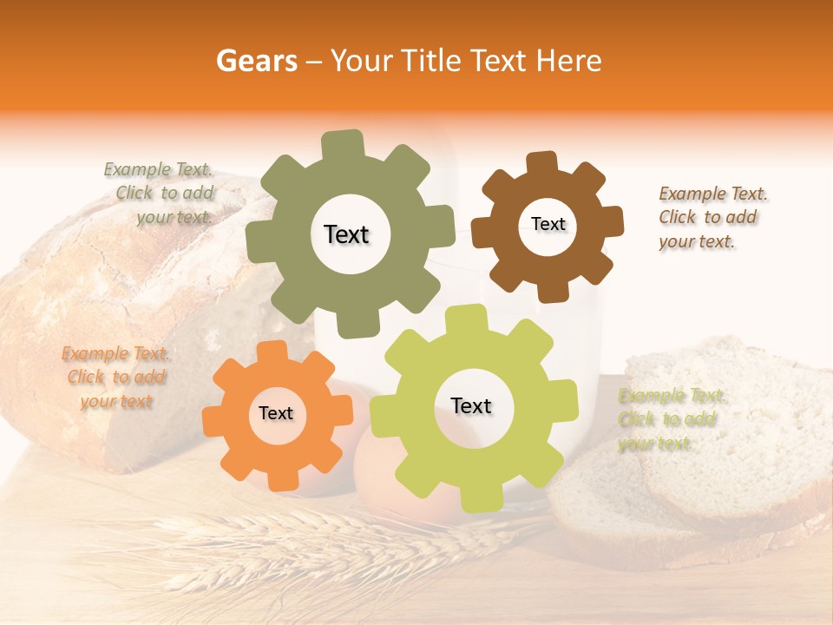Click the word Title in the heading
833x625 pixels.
point(431,61)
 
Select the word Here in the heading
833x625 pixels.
point(568,61)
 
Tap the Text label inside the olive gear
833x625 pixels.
point(346,234)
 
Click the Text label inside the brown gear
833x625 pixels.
point(548,224)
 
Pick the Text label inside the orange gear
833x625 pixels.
point(276,414)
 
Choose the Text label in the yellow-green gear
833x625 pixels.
point(471,405)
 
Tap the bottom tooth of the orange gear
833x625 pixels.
point(279,480)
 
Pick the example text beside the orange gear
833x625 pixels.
point(115,377)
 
